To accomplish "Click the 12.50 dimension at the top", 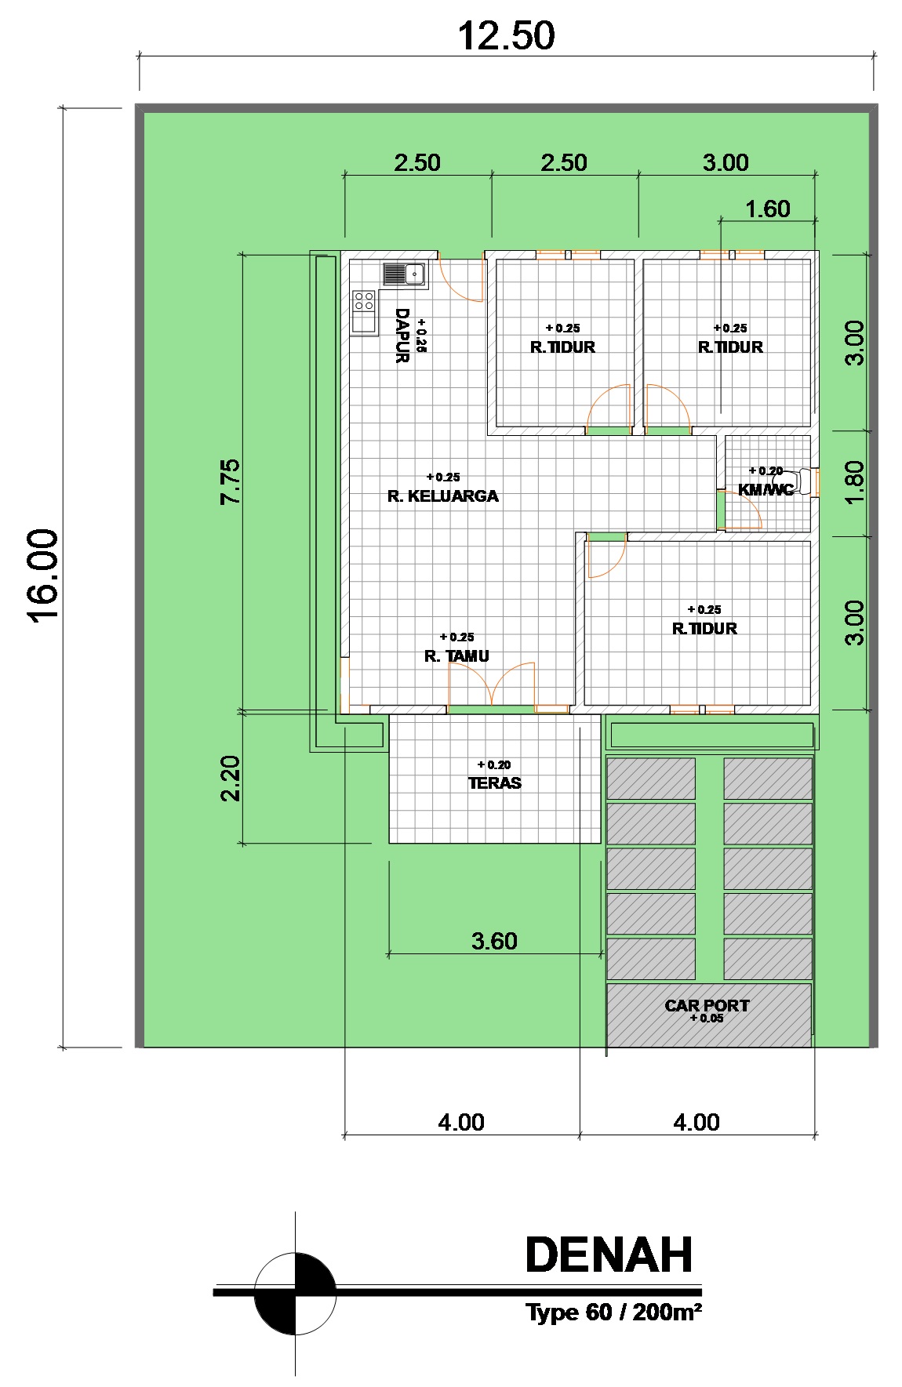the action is coord(506,36).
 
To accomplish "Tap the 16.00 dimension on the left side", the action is coord(44,575).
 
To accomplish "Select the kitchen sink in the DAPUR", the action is coord(404,274).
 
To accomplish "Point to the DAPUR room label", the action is coord(402,336).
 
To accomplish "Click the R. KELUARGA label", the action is coord(443,496).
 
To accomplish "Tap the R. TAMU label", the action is coord(456,656).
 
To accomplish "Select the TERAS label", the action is coord(494,782).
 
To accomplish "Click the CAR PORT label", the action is coord(707,1005).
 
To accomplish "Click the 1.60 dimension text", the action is coord(767,209).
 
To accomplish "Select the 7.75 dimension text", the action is coord(231,481).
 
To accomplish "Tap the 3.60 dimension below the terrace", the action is coord(494,941).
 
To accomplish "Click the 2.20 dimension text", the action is coord(231,778).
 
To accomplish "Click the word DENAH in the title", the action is coord(609,1254).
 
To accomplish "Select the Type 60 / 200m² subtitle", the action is coord(613,1312).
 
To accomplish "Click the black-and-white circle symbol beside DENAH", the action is coord(296,1294).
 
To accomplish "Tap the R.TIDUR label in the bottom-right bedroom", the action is coord(704,628).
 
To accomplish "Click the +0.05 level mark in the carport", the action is coord(706,1018).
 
